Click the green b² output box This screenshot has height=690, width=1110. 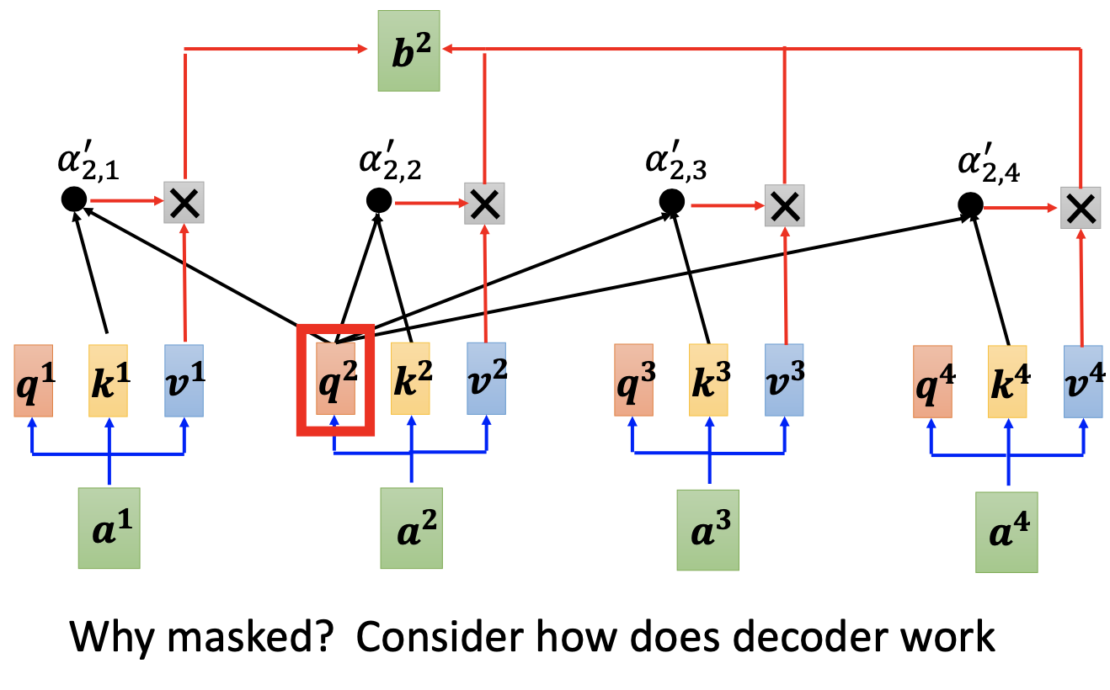coord(408,50)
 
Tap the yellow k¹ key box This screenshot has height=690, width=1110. coord(108,380)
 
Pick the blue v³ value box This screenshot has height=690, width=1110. coord(784,379)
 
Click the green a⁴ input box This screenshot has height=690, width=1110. coord(1007,533)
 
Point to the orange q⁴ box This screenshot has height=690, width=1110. coord(932,381)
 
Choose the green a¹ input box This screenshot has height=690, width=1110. coord(109,527)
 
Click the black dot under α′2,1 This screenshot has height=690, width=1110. coord(73,199)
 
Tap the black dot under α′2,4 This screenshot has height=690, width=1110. coord(970,204)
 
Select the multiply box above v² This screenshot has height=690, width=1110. coord(484,203)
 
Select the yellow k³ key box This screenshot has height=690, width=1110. coord(709,379)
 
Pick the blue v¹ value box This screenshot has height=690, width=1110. coord(184,380)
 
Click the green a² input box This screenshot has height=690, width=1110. coord(411,528)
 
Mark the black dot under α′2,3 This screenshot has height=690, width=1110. coord(671,200)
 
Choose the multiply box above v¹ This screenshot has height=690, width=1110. coord(184,201)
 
